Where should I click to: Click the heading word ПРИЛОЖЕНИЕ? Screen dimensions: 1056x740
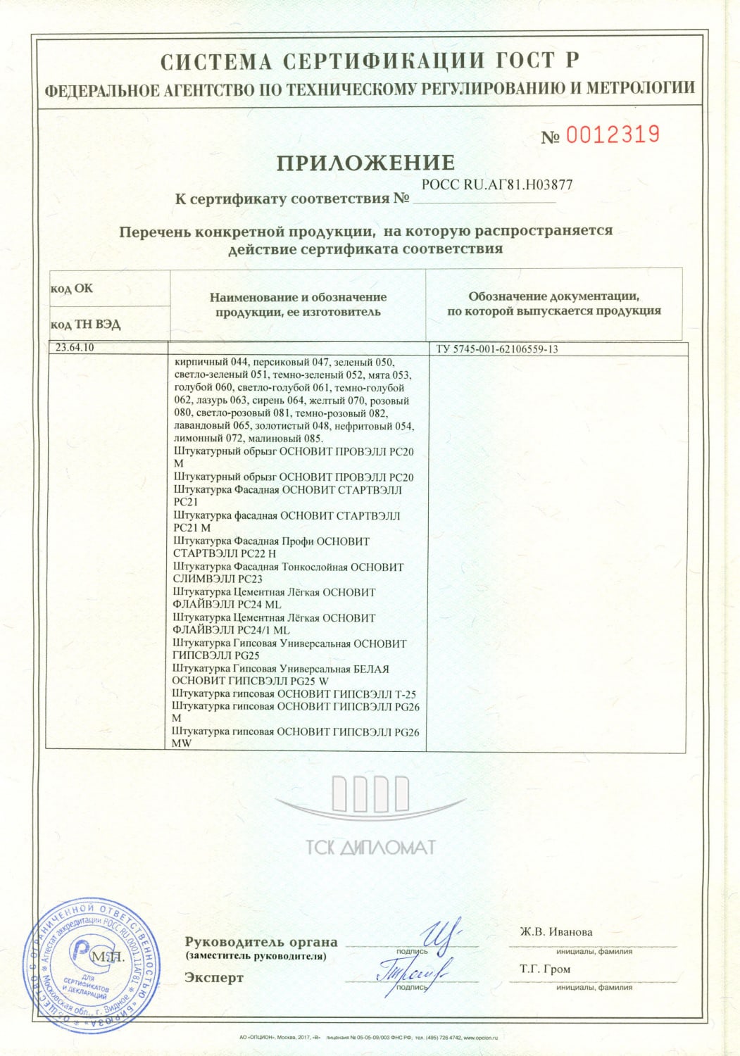coord(365,163)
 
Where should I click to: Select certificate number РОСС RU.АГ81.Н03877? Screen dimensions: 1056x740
coord(496,185)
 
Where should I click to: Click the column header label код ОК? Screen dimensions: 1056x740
coord(71,289)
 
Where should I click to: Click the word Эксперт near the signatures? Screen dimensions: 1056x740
coord(214,978)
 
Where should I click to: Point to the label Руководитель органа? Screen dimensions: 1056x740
coord(261,942)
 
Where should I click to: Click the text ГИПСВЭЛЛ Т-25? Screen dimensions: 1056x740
coord(374,693)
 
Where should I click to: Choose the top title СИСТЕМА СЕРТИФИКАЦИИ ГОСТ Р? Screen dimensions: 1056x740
coord(370,62)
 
